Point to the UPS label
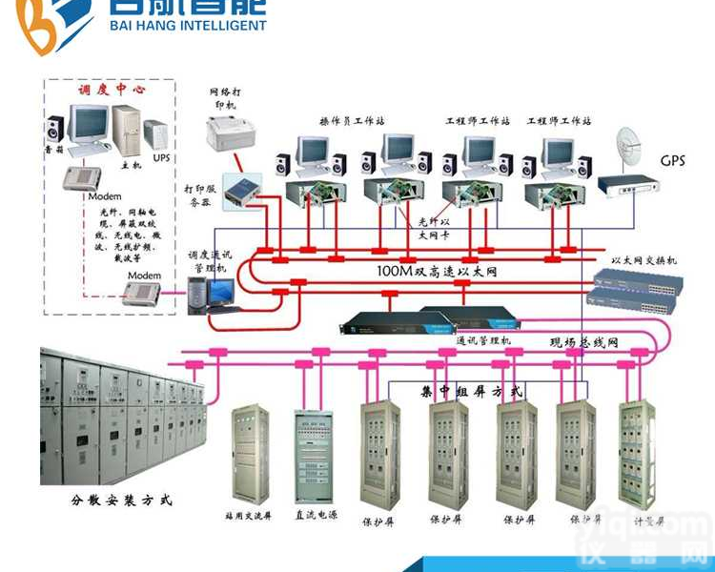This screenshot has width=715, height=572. [161, 156]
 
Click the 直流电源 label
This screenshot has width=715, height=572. [315, 515]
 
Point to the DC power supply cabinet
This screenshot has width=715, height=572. [314, 455]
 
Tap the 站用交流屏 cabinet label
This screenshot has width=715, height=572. [251, 515]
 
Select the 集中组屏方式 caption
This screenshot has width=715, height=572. [471, 391]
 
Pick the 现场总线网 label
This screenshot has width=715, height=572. [584, 341]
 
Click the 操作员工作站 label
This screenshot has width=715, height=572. [352, 121]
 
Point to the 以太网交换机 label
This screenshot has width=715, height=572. [643, 259]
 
